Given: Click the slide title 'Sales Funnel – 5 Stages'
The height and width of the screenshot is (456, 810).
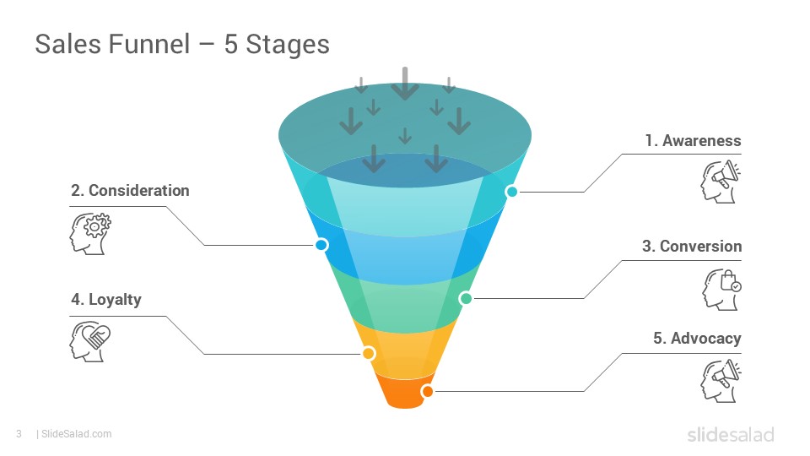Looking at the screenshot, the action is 182,44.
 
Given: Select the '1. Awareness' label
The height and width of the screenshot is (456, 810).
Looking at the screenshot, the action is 693,141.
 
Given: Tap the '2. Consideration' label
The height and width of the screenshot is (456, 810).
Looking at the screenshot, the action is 130,191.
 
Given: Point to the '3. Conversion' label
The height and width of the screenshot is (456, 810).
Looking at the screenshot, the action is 692,246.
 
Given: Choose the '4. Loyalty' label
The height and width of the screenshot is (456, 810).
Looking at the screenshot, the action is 106,300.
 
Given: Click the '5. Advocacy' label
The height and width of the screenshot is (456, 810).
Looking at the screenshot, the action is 697,338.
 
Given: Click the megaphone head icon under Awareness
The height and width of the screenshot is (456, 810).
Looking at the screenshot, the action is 721,182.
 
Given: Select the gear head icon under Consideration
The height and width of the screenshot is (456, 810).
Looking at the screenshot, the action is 90,234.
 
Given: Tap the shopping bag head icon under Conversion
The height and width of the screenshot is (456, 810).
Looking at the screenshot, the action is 721,290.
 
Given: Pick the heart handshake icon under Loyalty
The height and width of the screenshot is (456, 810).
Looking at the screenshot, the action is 90,342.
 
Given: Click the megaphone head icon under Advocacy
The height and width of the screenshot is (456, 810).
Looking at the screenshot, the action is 721,381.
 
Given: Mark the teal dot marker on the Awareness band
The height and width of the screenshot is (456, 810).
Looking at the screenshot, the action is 511,192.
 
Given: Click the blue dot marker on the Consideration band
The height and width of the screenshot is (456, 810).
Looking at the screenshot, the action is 321,245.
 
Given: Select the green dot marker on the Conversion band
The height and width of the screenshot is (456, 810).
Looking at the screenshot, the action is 466,298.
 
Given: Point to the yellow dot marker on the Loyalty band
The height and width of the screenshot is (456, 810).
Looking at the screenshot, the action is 369,354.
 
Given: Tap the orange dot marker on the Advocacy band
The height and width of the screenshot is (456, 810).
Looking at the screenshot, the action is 427,391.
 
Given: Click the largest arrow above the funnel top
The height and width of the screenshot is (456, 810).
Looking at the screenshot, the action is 405,84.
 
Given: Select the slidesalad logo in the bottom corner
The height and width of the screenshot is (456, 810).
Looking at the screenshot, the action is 731,434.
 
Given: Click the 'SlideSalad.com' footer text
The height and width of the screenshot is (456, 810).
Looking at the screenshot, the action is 77,434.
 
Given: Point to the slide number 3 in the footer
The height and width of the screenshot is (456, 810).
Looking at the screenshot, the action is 19,434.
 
